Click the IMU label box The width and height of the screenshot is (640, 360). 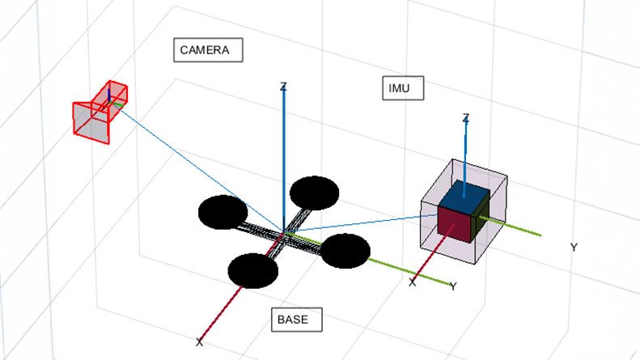(x=402, y=88)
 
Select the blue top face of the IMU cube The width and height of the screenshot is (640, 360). (x=464, y=195)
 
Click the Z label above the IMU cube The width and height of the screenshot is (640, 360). (x=465, y=119)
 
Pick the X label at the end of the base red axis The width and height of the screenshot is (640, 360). (x=199, y=342)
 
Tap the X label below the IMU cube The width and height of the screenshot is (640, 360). (x=413, y=282)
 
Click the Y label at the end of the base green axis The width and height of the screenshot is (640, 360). (x=453, y=286)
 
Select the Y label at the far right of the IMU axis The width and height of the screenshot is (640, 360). (x=574, y=247)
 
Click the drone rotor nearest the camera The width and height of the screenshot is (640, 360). (x=223, y=212)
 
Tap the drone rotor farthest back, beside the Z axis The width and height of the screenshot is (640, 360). (x=313, y=193)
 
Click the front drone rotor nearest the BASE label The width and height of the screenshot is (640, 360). (x=253, y=270)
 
